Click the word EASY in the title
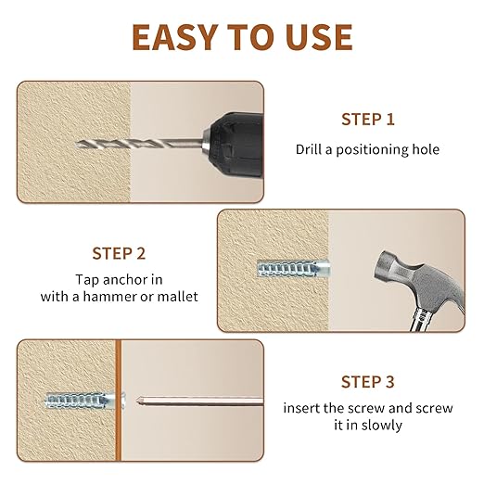click(x=175, y=37)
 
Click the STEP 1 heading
click(x=368, y=120)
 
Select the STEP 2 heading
click(x=119, y=253)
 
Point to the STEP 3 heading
click(x=368, y=382)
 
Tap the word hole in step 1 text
click(x=426, y=149)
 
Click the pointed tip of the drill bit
click(x=76, y=144)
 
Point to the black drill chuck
click(x=236, y=145)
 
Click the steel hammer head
click(x=417, y=281)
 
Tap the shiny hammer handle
click(x=423, y=319)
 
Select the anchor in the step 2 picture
click(x=294, y=268)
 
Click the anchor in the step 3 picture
click(x=84, y=401)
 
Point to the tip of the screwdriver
click(x=137, y=401)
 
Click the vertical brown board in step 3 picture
click(x=119, y=401)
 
